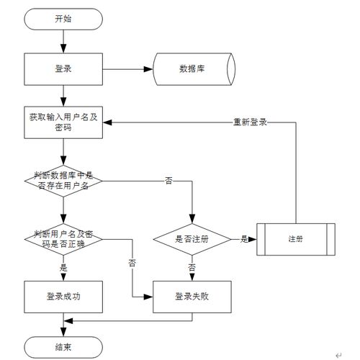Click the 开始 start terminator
63,19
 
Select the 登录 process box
63,70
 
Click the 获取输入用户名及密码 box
63,120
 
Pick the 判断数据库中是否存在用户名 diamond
63,180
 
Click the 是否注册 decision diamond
192,239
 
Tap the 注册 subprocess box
295,239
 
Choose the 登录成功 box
63,296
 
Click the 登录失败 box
192,296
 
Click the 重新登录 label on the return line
250,122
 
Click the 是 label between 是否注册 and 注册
244,239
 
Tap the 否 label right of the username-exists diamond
168,180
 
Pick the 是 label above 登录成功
63,266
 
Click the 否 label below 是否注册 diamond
192,266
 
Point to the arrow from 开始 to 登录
63,41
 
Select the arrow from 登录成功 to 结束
63,325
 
